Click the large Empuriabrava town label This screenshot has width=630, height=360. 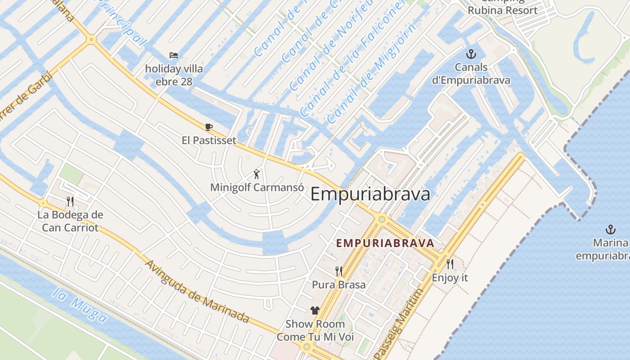pyautogui.click(x=370, y=194)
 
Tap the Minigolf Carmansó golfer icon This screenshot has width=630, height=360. pyautogui.click(x=256, y=174)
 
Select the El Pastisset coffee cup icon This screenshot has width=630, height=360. pyautogui.click(x=208, y=127)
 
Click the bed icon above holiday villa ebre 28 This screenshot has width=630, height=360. pyautogui.click(x=174, y=55)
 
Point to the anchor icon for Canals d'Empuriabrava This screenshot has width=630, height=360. pyautogui.click(x=471, y=54)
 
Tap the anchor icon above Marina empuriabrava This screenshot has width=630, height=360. pyautogui.click(x=611, y=229)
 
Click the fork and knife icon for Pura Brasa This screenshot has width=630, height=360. pyautogui.click(x=339, y=271)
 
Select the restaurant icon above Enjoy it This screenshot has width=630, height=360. pyautogui.click(x=450, y=264)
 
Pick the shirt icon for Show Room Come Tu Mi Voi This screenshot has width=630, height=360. pyautogui.click(x=315, y=310)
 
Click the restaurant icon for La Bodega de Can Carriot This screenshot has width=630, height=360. pyautogui.click(x=70, y=201)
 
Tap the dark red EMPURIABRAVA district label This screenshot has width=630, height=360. pyautogui.click(x=385, y=243)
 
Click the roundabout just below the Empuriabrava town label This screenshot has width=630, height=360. pyautogui.click(x=382, y=219)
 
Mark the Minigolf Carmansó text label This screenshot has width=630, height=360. pyautogui.click(x=257, y=188)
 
